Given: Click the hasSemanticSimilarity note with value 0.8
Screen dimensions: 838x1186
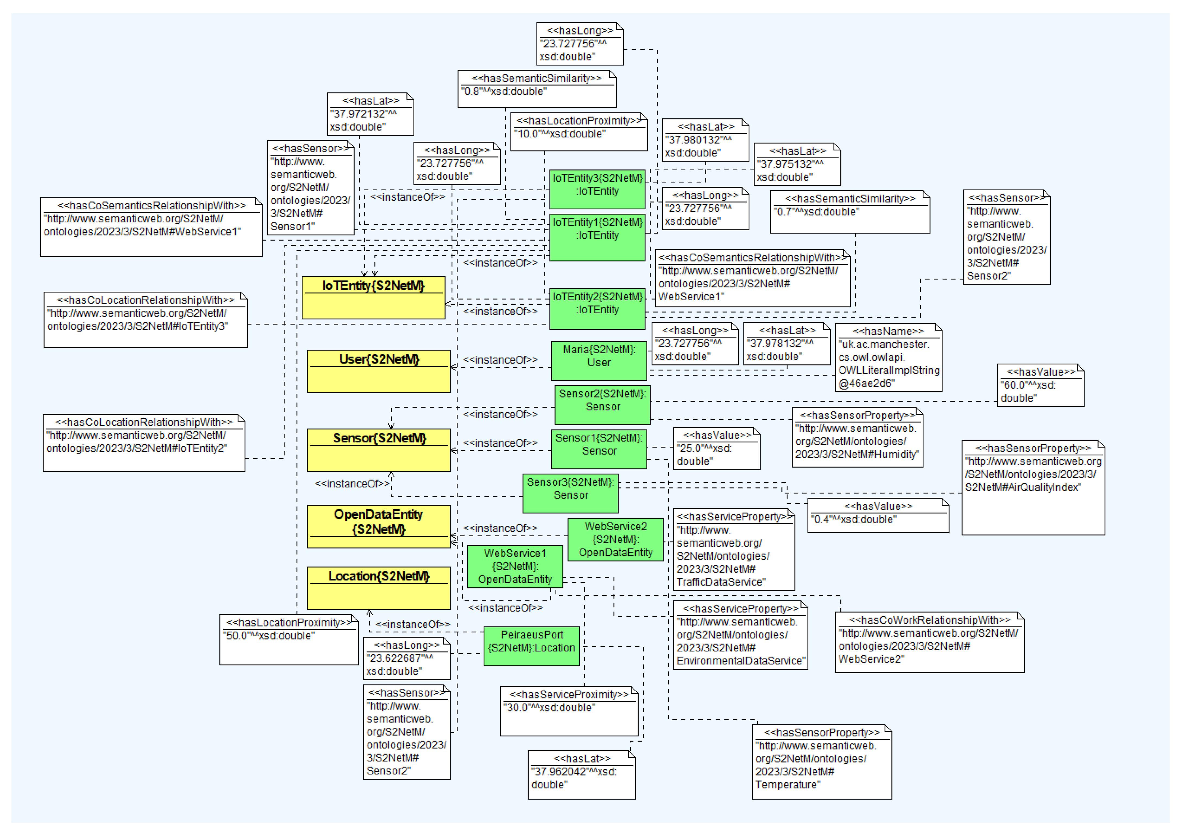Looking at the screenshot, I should coord(537,89).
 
